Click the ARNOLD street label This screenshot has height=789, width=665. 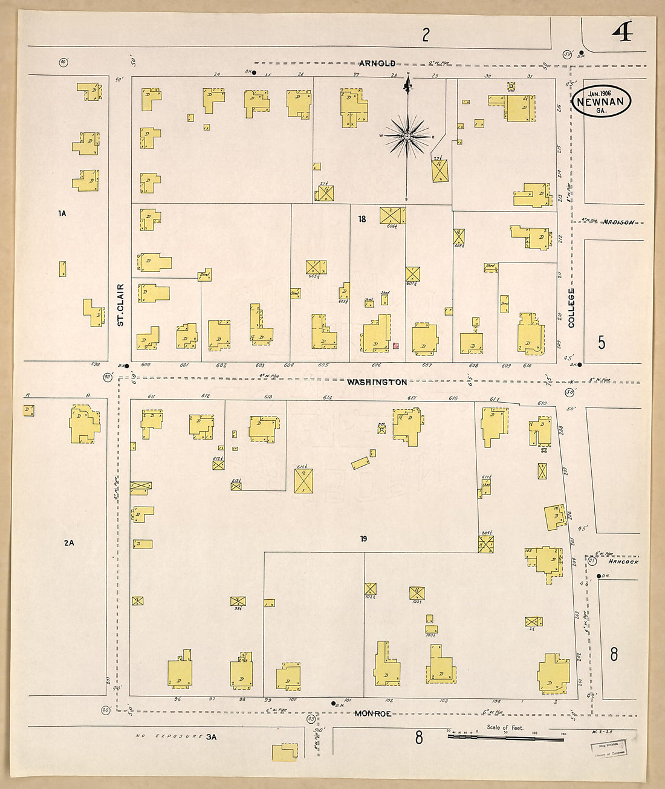[x=378, y=63]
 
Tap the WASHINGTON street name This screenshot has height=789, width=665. [x=377, y=382]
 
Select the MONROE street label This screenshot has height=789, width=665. [x=373, y=713]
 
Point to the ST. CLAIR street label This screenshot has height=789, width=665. [x=120, y=305]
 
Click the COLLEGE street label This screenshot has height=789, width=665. [x=571, y=307]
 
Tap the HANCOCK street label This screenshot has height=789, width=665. [x=623, y=562]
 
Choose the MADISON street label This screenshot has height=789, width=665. [x=618, y=222]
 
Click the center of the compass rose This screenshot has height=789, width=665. [x=407, y=136]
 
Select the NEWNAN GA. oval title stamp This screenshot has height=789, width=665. [x=601, y=101]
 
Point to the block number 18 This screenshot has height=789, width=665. [x=362, y=219]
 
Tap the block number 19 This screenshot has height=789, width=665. [x=363, y=539]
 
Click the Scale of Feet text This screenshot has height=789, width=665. [x=505, y=727]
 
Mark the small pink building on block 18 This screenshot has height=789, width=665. [x=395, y=346]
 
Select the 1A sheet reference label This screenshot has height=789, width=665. [x=62, y=213]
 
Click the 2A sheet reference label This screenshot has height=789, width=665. [x=69, y=543]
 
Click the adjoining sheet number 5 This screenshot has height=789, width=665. [x=601, y=343]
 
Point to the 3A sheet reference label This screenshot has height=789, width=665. [x=211, y=737]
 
